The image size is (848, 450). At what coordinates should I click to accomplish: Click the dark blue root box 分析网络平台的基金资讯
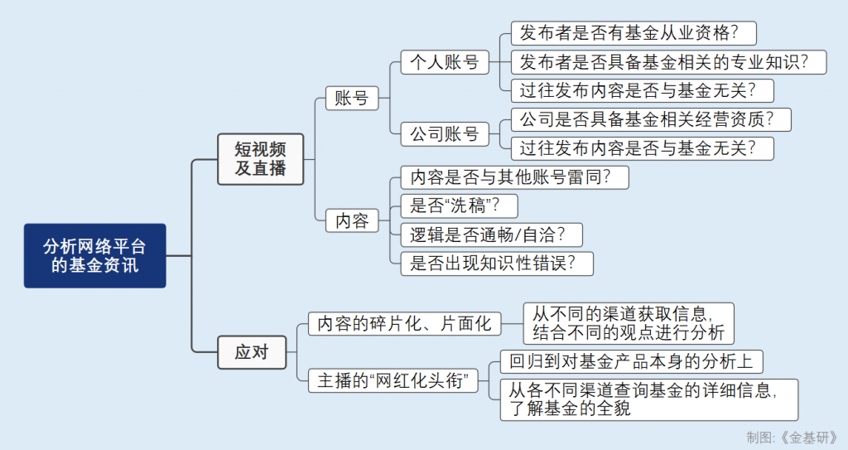[x=94, y=255]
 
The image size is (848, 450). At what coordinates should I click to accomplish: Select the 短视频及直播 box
[x=261, y=159]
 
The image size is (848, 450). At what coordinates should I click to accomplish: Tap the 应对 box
[x=252, y=352]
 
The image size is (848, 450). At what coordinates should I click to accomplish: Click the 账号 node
[x=351, y=98]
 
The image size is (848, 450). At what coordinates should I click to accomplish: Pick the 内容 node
[x=351, y=220]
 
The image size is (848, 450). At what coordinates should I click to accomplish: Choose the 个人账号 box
[x=445, y=61]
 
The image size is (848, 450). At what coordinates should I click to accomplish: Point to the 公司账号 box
[x=445, y=133]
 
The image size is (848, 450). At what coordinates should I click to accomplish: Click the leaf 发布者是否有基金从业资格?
[x=634, y=33]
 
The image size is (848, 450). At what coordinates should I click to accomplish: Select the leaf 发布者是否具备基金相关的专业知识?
[x=668, y=61]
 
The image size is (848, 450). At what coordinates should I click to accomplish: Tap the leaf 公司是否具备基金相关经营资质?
[x=651, y=119]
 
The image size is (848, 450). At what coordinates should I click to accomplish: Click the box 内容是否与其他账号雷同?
[x=515, y=177]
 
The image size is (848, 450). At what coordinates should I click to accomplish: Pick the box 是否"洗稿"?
[x=459, y=206]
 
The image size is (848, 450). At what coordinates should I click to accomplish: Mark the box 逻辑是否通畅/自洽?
[x=492, y=235]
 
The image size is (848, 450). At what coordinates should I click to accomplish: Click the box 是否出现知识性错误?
[x=497, y=264]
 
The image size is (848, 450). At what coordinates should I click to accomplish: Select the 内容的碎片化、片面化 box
[x=404, y=323]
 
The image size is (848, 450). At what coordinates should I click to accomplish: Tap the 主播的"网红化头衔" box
[x=393, y=380]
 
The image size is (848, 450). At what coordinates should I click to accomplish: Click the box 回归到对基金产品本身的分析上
[x=631, y=361]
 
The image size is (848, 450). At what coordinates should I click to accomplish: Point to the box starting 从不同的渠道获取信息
[x=629, y=323]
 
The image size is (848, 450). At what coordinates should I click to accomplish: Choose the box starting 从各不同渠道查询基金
[x=649, y=399]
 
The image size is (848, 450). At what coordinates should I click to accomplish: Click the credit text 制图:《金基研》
[x=793, y=438]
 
